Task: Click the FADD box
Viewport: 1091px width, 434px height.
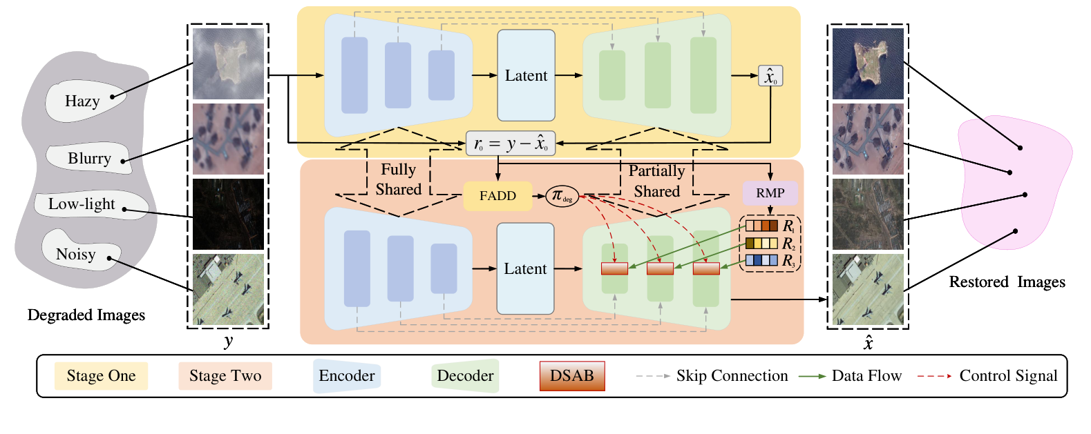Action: [x=497, y=196]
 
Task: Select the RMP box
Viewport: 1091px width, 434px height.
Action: [x=770, y=193]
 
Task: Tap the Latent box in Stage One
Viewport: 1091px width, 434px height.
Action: [x=526, y=75]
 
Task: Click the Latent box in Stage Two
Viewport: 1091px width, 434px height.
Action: [x=525, y=268]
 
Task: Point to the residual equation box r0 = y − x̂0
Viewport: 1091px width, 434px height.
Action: [x=510, y=144]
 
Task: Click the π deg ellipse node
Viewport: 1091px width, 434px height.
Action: [x=562, y=196]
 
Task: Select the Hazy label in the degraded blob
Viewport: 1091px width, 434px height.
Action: [x=83, y=101]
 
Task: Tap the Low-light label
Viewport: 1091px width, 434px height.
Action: [x=82, y=204]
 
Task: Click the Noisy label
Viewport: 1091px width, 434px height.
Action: [x=76, y=254]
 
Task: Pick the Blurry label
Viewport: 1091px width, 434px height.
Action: [x=89, y=158]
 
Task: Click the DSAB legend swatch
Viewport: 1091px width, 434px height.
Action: [x=571, y=376]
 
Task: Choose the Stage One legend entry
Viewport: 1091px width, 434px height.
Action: [x=101, y=376]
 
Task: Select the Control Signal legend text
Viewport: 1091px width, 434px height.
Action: [x=1007, y=376]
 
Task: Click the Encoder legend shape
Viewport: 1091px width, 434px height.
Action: [x=346, y=376]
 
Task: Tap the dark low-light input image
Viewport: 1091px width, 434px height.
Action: [x=228, y=215]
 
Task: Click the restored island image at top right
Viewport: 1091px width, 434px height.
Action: [x=868, y=63]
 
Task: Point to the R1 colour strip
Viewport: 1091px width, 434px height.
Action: [x=761, y=226]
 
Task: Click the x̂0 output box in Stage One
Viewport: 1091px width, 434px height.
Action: [x=770, y=76]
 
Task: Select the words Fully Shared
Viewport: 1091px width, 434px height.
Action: [x=398, y=179]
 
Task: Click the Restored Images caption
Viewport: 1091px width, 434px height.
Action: [x=1007, y=282]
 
